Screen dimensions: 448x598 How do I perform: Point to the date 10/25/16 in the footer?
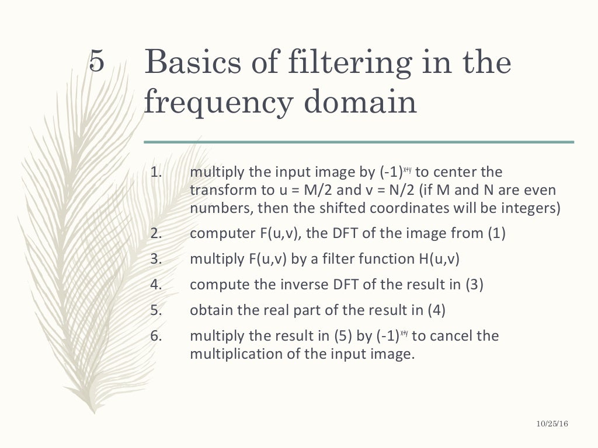[x=551, y=425]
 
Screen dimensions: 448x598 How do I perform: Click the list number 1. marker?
[x=155, y=173]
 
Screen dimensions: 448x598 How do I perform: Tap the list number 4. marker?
[x=155, y=285]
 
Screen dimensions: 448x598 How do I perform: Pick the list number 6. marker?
[x=155, y=336]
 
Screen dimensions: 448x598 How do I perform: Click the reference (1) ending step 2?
[x=496, y=233]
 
